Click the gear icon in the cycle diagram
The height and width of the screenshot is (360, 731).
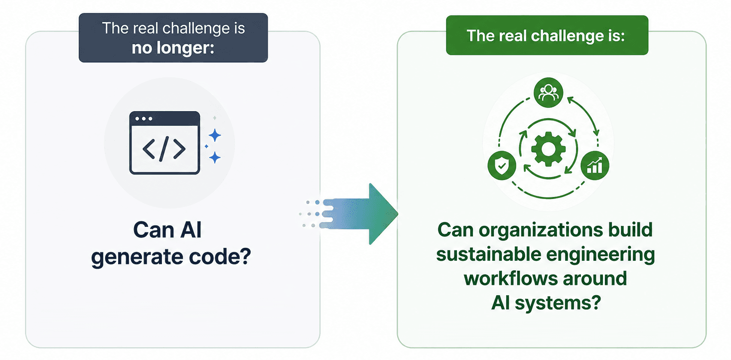tap(548, 149)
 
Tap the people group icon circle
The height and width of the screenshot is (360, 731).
tap(548, 92)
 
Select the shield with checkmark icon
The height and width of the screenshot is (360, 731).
tap(502, 166)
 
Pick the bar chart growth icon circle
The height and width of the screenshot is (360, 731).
tap(594, 166)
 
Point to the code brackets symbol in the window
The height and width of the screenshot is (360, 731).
tap(164, 149)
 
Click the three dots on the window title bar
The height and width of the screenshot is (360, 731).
tap(144, 119)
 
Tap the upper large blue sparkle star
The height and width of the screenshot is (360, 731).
tap(215, 135)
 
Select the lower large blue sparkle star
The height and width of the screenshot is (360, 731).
tap(215, 158)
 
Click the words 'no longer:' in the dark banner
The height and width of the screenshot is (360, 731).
tap(173, 48)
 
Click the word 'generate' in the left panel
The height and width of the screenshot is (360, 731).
tap(137, 257)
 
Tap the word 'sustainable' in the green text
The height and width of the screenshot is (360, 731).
tap(488, 254)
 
